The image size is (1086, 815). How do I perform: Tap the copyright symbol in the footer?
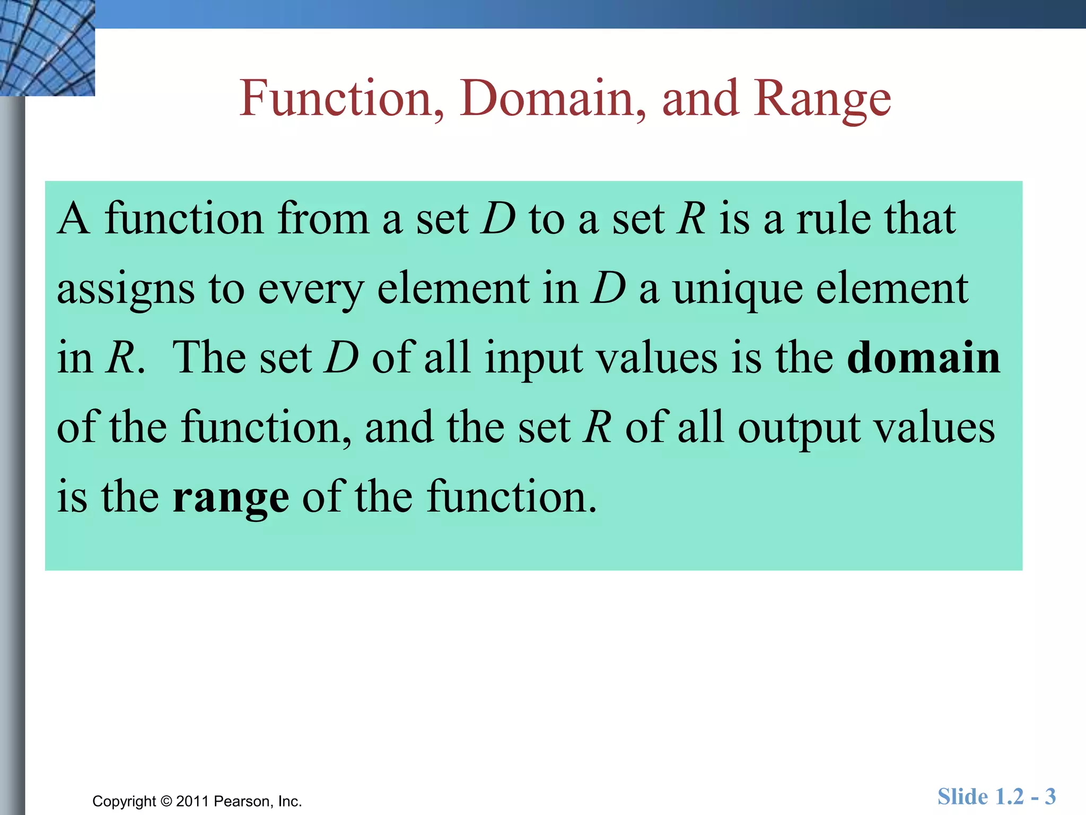click(166, 801)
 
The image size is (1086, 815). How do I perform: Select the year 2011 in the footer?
click(192, 801)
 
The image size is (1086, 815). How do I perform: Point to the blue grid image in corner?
click(47, 48)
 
